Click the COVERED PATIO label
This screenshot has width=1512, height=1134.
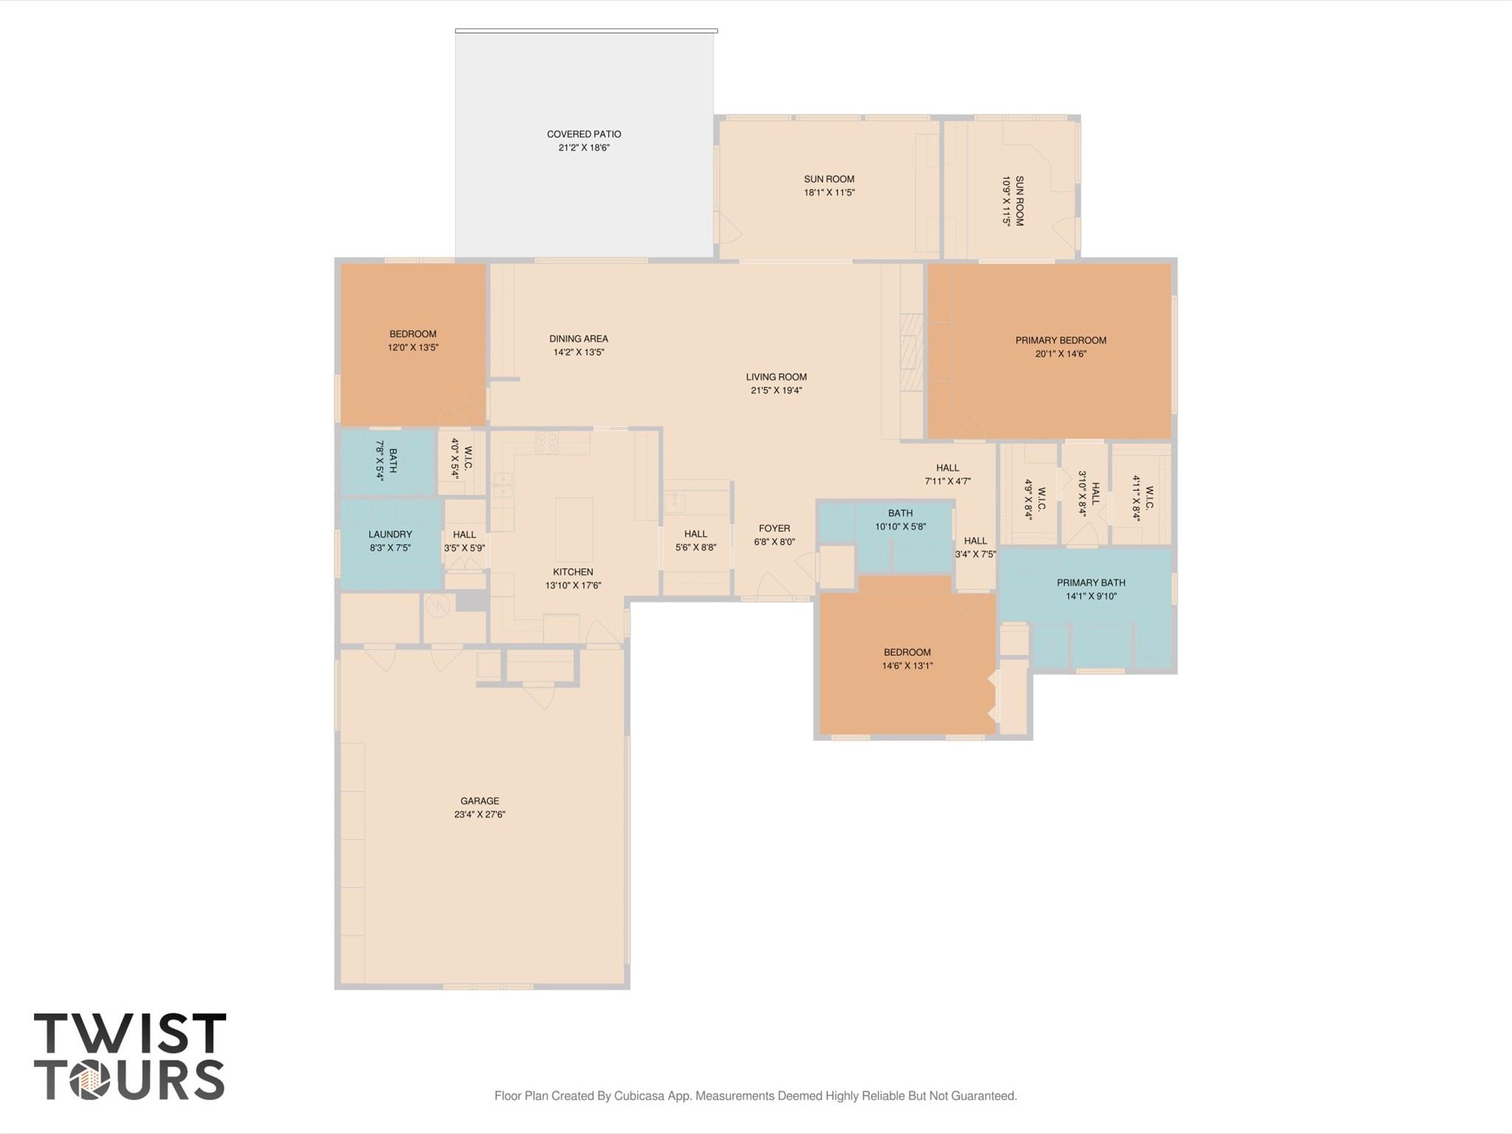pyautogui.click(x=584, y=134)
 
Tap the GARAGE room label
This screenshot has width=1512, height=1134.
pyautogui.click(x=479, y=801)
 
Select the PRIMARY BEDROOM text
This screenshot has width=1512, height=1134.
pyautogui.click(x=1060, y=341)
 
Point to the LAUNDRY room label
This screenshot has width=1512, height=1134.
pyautogui.click(x=390, y=534)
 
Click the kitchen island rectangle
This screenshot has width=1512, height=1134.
pyautogui.click(x=573, y=529)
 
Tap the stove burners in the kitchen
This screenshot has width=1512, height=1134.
pyautogui.click(x=547, y=443)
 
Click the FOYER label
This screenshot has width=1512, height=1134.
pyautogui.click(x=774, y=528)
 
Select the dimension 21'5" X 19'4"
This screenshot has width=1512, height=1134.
pyautogui.click(x=776, y=390)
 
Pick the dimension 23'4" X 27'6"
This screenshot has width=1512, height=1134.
pyautogui.click(x=479, y=814)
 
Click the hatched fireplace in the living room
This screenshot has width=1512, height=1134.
pyautogui.click(x=911, y=352)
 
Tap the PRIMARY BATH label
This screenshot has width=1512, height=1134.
pyautogui.click(x=1090, y=583)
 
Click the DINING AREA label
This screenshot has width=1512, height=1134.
pyautogui.click(x=578, y=339)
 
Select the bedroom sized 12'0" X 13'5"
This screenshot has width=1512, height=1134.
pyautogui.click(x=413, y=341)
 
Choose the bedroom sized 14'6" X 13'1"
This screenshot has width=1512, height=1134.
pyautogui.click(x=907, y=659)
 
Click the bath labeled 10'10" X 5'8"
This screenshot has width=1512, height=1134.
pyautogui.click(x=900, y=519)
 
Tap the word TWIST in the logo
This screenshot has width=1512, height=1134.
pyautogui.click(x=130, y=1034)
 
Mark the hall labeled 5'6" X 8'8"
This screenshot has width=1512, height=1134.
pyautogui.click(x=695, y=540)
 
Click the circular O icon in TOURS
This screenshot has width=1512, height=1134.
pyautogui.click(x=89, y=1081)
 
